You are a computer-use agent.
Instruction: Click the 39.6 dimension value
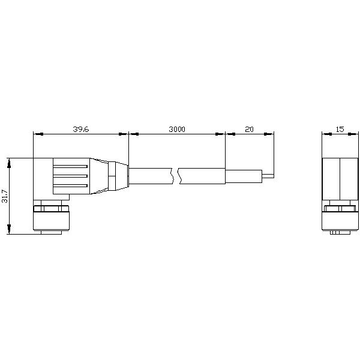[x=81, y=129]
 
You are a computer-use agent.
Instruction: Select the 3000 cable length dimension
[x=176, y=129]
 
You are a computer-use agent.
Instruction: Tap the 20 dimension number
[x=249, y=129]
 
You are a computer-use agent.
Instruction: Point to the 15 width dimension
[x=340, y=129]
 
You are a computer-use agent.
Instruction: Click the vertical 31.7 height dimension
[x=5, y=196]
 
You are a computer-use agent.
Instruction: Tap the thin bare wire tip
[x=268, y=176]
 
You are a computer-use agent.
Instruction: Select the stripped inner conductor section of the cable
[x=244, y=176]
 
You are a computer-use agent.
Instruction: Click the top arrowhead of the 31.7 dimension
[x=9, y=161]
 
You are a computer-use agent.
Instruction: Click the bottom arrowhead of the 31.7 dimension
[x=9, y=231]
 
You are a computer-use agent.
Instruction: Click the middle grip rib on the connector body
[x=71, y=176]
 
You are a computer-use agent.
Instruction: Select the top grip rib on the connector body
[x=71, y=166]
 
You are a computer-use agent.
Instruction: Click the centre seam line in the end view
[x=340, y=180]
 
